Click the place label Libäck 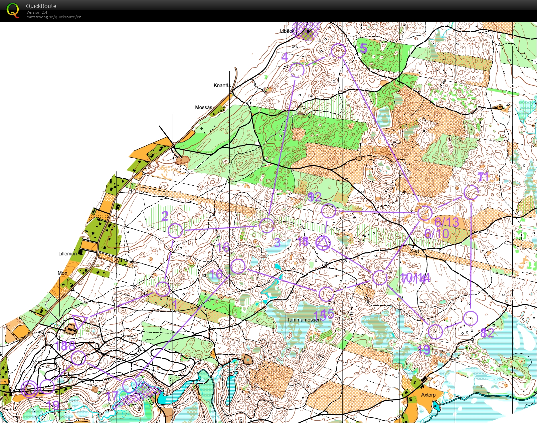(287, 31)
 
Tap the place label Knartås (222, 85)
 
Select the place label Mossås (203, 107)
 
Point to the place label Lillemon (67, 254)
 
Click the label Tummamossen (304, 320)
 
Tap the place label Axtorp (428, 395)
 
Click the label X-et (414, 251)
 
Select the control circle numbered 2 (175, 230)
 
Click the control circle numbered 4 (297, 70)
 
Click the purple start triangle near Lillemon (79, 321)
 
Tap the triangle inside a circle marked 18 (323, 243)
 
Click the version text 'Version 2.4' (37, 12)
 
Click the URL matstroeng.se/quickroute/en (54, 17)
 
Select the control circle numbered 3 (266, 225)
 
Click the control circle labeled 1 (163, 289)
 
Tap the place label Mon (62, 273)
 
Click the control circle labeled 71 (471, 192)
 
